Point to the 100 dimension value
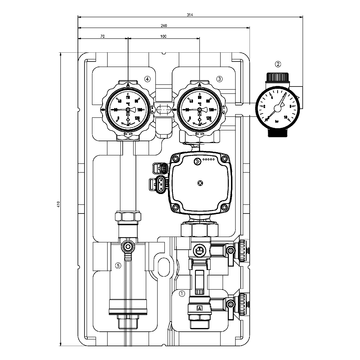(163, 37)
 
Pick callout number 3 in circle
(219, 76)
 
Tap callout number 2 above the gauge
(279, 67)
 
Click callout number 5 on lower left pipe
(117, 265)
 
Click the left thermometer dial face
(128, 106)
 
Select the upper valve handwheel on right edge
(243, 250)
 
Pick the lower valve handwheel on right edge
(243, 301)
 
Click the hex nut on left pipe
(128, 218)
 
